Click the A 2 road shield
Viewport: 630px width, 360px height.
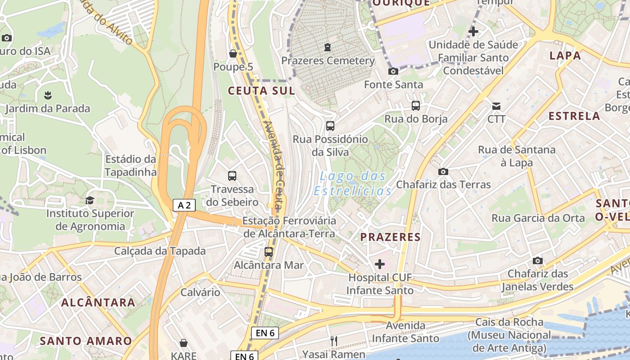coord(184,206)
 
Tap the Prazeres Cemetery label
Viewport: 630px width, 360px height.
coord(328,60)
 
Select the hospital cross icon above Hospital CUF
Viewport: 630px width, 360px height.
coord(380,264)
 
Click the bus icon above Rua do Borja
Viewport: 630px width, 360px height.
coord(416,106)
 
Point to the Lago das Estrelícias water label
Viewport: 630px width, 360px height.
coord(353,183)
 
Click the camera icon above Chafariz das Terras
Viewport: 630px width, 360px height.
coord(443,171)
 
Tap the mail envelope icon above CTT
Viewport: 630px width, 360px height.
coord(496,106)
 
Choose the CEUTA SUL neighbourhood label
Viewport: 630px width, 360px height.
coord(261,91)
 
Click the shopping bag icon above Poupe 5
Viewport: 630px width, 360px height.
coord(233,54)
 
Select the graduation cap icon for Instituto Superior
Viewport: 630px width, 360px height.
coord(90,200)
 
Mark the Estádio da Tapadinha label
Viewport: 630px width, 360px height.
coord(130,166)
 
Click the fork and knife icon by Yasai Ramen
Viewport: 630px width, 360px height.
coord(334,341)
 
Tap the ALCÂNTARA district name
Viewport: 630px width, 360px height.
coord(98,302)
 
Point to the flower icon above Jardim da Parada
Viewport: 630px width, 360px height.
coord(48,95)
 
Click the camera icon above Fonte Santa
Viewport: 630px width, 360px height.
coord(393,72)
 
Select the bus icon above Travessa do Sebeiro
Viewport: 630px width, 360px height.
coord(232,176)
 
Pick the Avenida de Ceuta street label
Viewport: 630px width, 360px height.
coord(275,166)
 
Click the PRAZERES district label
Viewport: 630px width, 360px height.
coord(391,237)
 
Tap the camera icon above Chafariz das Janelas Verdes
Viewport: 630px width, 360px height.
coord(537,261)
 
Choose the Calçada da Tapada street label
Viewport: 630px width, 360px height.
coord(160,251)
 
